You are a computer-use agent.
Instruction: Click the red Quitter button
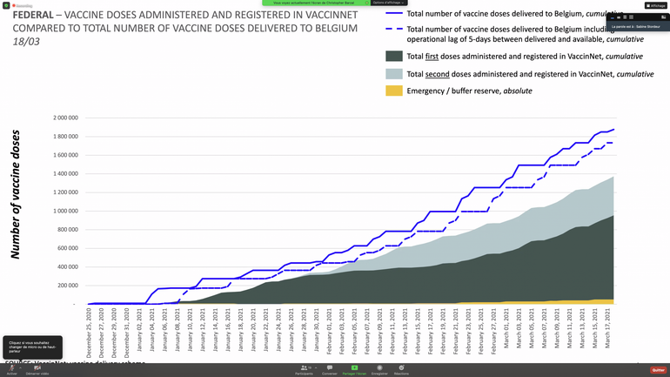[658, 369]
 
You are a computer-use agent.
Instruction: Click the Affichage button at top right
[655, 5]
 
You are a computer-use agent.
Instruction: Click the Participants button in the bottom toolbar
[304, 369]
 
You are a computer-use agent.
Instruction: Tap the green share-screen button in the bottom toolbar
[354, 369]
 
